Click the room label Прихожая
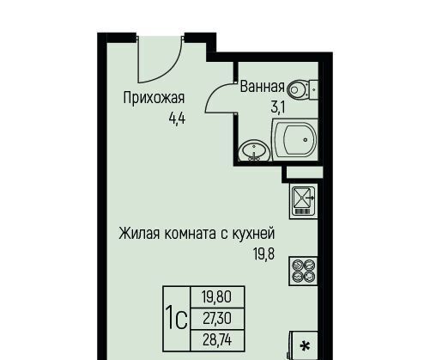coord(154,98)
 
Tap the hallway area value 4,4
coord(177,118)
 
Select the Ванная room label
coord(263,87)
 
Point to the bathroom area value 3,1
coord(278,108)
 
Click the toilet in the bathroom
coord(302,89)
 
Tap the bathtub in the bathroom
coord(295,139)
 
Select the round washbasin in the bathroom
coord(255,150)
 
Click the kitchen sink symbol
coord(304,202)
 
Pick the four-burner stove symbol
coord(304,272)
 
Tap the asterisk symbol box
coord(305,346)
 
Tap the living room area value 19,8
coord(263,253)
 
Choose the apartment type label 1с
coord(177,319)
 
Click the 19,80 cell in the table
coord(217,296)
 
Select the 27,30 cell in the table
coord(217,319)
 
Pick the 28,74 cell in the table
coord(217,340)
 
